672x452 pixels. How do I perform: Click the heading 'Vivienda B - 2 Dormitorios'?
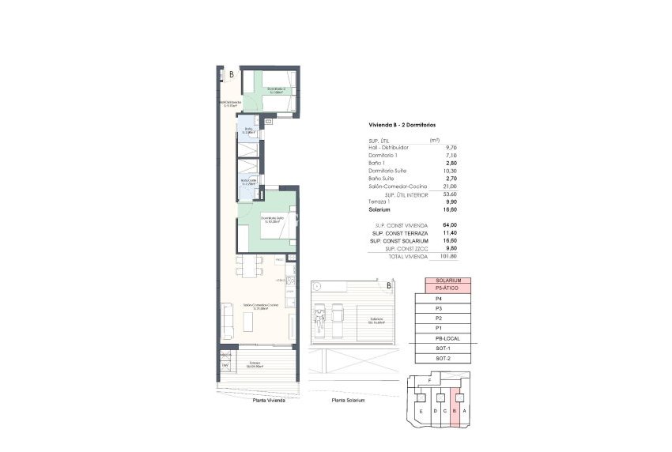(402, 125)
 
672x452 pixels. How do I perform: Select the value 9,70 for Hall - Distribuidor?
(452, 148)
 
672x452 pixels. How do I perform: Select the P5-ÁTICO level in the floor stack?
(448, 288)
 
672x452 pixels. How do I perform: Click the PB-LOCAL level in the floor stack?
(448, 337)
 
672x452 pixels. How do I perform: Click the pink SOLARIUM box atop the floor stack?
(448, 281)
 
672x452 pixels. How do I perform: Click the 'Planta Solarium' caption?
(349, 401)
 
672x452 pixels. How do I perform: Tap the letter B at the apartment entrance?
(230, 75)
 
